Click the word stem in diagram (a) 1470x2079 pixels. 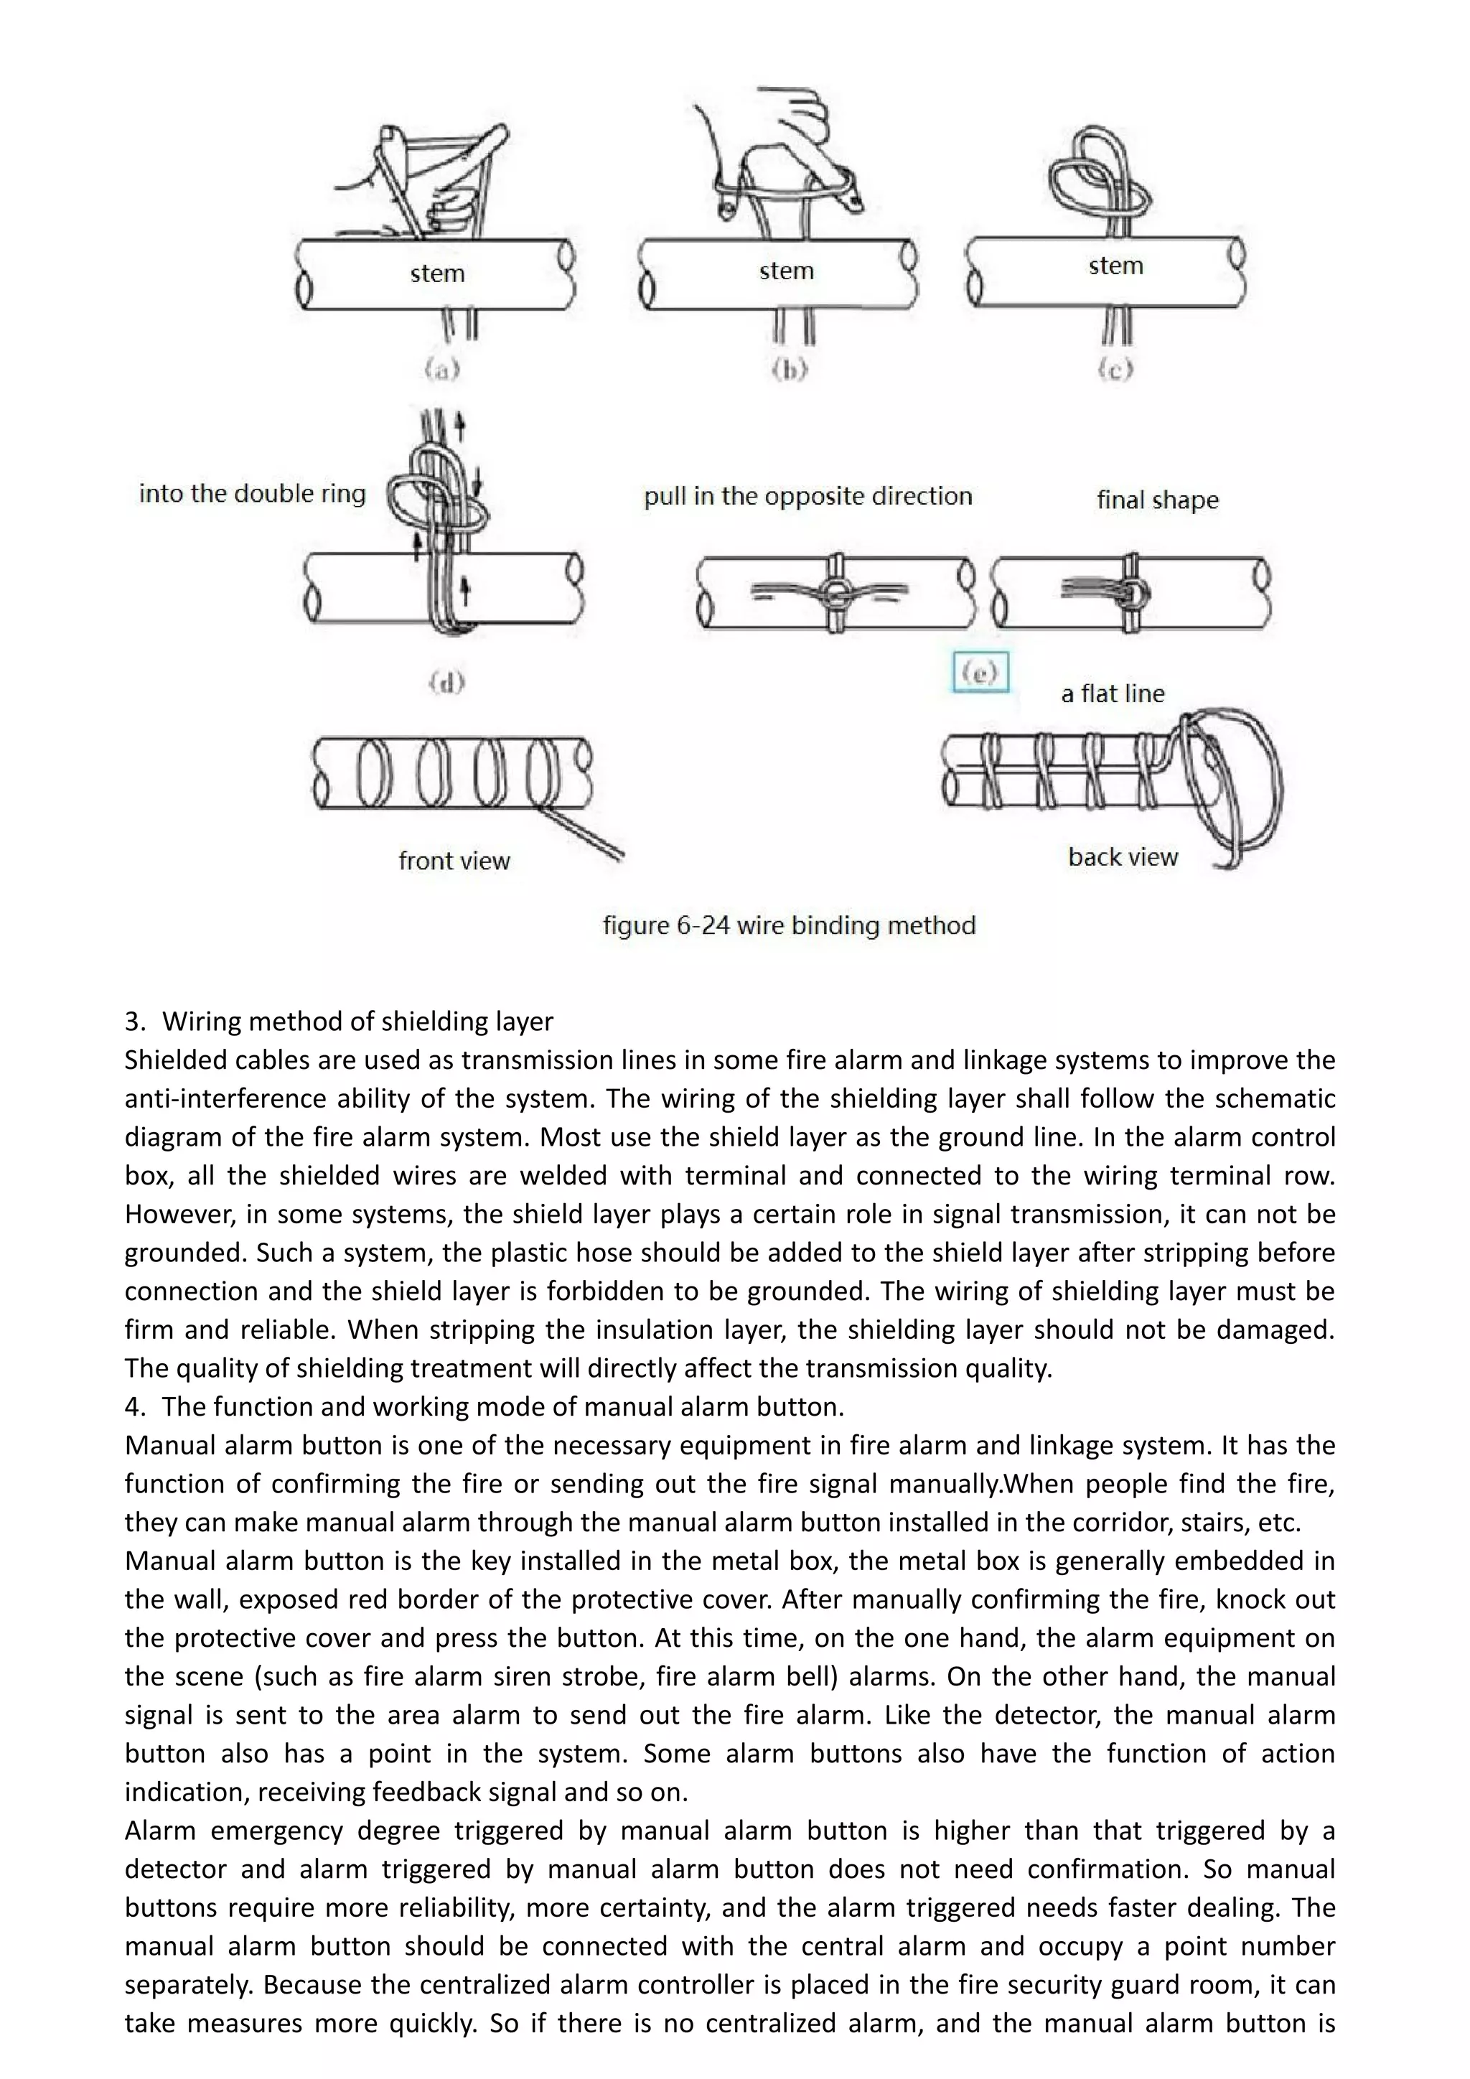tap(437, 274)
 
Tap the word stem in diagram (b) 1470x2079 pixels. tap(786, 271)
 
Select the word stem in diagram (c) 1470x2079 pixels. tap(1115, 266)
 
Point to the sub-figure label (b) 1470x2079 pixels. tap(790, 370)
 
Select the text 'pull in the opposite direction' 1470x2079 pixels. tap(807, 496)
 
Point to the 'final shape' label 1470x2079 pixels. tap(1157, 500)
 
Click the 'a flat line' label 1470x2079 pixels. tap(1113, 693)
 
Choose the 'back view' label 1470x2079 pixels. tap(1123, 856)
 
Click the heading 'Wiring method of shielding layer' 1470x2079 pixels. tap(357, 1022)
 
